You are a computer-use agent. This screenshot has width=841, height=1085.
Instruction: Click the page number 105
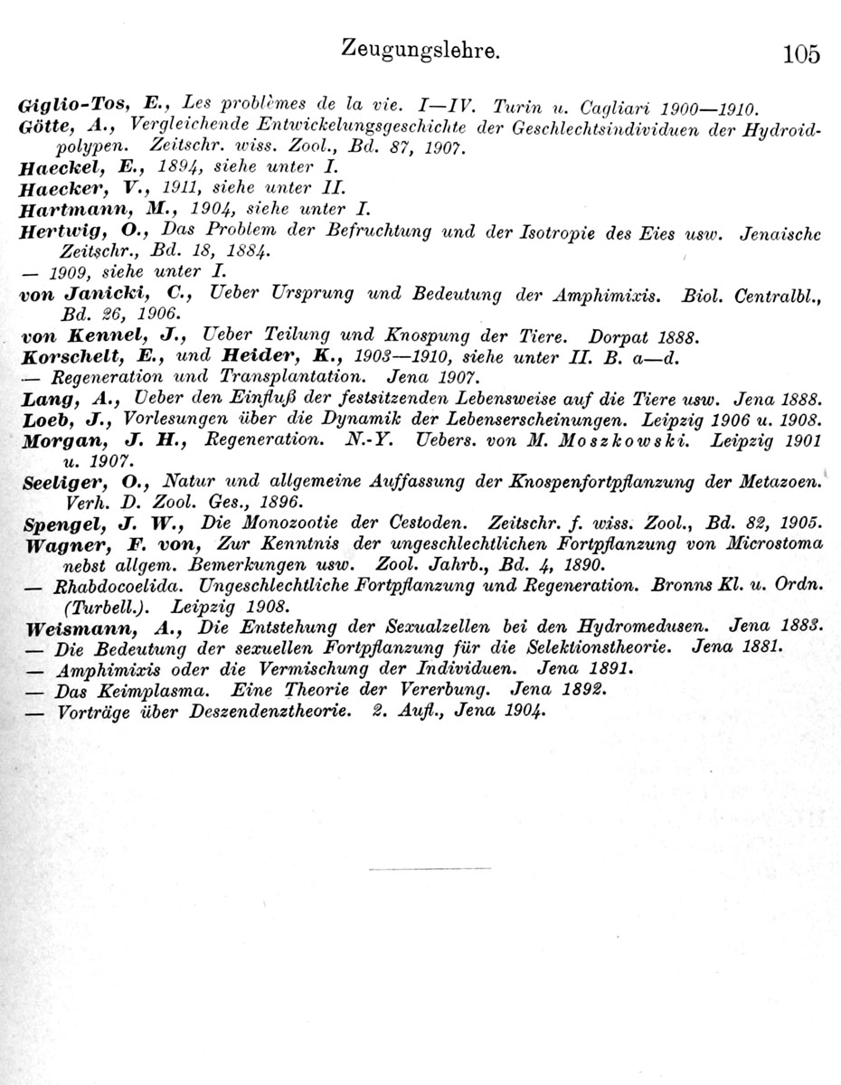pyautogui.click(x=801, y=54)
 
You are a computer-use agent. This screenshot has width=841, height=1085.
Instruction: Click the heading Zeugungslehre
pyautogui.click(x=420, y=50)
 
